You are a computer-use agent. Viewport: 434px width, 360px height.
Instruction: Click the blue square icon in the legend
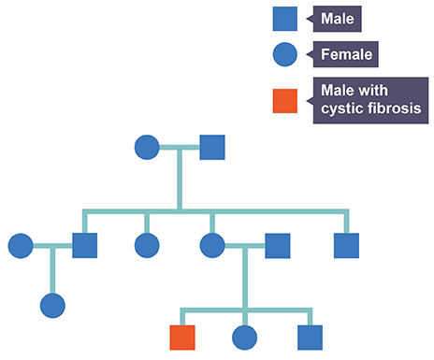285,19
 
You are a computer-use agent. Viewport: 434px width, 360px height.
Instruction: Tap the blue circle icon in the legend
285,55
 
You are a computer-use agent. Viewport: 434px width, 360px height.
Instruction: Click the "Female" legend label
346,55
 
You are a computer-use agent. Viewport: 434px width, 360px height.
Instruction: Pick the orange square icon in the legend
285,100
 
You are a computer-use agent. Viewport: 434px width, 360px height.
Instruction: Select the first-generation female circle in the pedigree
147,148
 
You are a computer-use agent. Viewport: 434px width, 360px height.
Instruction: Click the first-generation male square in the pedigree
212,148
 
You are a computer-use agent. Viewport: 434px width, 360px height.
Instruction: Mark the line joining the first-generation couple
180,148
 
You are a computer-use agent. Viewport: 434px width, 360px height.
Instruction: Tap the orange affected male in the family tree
181,337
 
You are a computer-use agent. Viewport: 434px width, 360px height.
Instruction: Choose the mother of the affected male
212,246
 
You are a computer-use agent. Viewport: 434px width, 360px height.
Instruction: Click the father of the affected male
277,246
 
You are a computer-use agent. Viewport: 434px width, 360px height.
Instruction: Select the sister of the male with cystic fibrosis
244,337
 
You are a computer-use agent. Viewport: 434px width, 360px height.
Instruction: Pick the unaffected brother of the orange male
310,337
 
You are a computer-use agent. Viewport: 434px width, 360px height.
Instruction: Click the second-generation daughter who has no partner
147,246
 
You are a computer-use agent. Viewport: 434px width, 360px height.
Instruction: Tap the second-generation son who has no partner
346,246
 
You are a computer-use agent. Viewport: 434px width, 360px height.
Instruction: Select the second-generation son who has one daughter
85,246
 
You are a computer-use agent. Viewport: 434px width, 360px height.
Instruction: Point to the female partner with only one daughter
21,246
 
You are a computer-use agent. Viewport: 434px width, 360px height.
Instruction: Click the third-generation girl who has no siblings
52,305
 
